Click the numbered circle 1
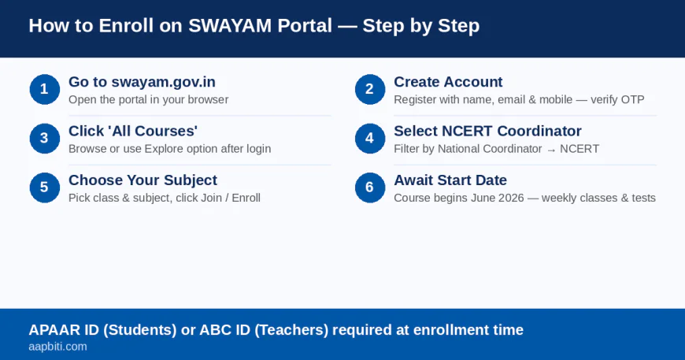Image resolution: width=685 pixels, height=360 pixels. coord(44,89)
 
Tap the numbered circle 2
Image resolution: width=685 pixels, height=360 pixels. coord(369,89)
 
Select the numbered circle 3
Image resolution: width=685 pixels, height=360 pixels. coord(44,138)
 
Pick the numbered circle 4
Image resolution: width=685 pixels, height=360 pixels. coord(369,138)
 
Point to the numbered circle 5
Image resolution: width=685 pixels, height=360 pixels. coord(44,187)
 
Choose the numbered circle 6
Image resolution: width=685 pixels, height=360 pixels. coord(369,187)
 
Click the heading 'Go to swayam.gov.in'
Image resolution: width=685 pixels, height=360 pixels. coord(142,82)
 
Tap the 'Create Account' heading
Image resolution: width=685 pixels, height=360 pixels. coord(448,82)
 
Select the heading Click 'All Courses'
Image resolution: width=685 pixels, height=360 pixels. coord(132,131)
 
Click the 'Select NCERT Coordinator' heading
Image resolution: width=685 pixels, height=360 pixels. coord(487,131)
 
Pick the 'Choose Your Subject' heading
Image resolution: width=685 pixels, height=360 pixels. coord(143,180)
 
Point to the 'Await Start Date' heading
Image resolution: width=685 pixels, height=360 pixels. coord(450,180)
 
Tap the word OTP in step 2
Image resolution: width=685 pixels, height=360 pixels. coord(632,100)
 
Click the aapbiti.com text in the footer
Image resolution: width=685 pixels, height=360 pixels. coord(57,347)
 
